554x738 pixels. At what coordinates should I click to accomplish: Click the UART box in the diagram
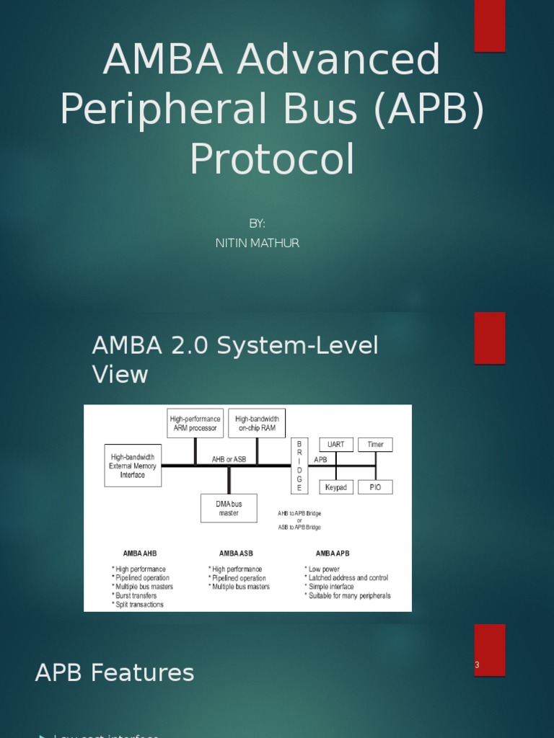click(x=336, y=445)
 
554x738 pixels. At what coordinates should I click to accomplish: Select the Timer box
click(x=375, y=445)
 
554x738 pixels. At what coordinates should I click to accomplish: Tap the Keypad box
click(x=336, y=487)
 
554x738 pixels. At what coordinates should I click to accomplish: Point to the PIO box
click(x=375, y=487)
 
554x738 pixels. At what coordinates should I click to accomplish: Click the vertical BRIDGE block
click(x=299, y=466)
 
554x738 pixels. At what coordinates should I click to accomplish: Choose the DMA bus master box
click(x=229, y=508)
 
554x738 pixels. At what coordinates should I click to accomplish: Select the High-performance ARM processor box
click(x=195, y=423)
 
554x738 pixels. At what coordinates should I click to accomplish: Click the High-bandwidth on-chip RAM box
click(x=257, y=423)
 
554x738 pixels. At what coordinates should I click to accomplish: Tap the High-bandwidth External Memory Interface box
click(x=133, y=466)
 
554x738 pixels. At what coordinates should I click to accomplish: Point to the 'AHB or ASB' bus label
click(x=229, y=459)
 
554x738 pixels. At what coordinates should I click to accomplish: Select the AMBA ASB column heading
click(x=236, y=553)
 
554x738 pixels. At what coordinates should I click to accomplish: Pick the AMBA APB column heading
click(x=333, y=553)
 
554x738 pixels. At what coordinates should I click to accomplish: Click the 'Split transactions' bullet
click(x=138, y=605)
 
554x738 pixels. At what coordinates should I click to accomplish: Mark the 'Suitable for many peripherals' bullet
click(x=348, y=596)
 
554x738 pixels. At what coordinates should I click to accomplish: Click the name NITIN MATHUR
click(x=257, y=243)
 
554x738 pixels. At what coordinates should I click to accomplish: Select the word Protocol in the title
click(x=272, y=159)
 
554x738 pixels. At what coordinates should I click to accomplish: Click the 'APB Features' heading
click(x=115, y=673)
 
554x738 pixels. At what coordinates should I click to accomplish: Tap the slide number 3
click(x=477, y=664)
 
